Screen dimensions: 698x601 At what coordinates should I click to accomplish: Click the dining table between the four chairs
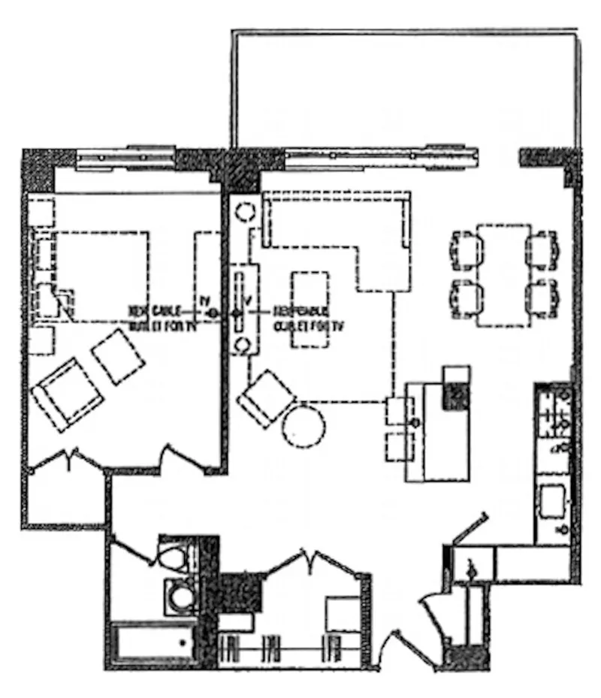coord(503,275)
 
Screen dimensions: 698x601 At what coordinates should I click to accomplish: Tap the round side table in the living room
coord(304,425)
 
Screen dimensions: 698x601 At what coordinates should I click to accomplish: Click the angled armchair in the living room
coord(267,397)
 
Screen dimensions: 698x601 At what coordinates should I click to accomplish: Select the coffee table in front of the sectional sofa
coord(310,310)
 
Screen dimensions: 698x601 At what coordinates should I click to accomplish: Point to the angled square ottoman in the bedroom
coord(119,355)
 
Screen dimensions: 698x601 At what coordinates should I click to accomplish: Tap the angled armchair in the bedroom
coord(66,394)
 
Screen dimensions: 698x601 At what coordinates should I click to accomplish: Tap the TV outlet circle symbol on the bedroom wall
coord(213,312)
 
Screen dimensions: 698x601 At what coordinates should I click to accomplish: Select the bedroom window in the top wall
coord(126,159)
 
